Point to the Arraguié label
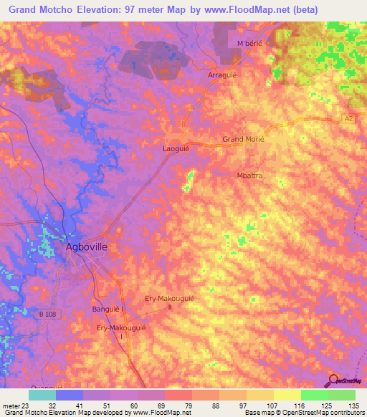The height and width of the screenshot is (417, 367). (221, 75)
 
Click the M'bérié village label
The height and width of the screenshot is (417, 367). (242, 44)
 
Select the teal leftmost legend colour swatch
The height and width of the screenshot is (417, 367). (42, 395)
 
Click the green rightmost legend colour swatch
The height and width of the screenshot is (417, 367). (342, 395)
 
